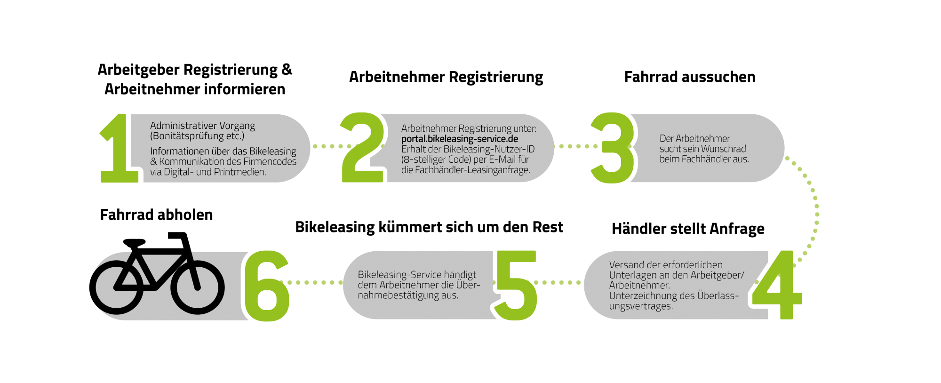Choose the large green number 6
click(266, 286)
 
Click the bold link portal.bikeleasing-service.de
click(459, 139)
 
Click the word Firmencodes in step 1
click(270, 161)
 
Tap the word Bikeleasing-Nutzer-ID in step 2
click(489, 149)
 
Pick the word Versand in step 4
click(626, 265)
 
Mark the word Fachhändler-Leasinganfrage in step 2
click(472, 170)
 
